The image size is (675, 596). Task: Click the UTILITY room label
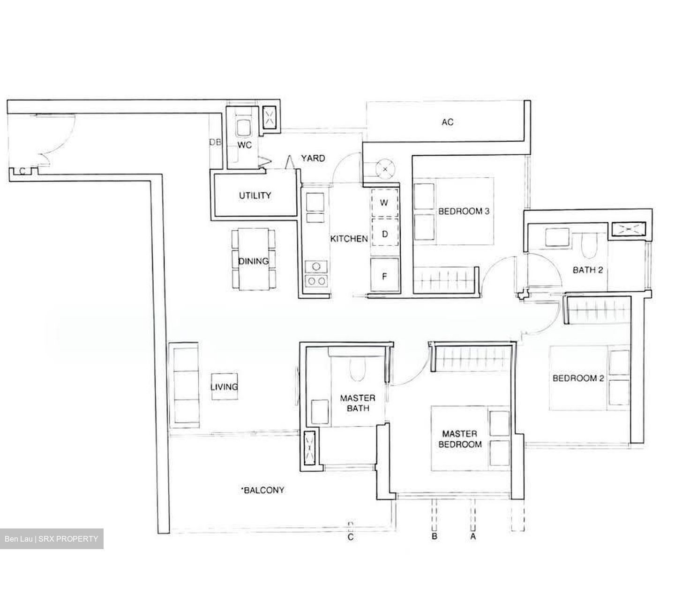pyautogui.click(x=255, y=196)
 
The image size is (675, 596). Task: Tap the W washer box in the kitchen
pyautogui.click(x=385, y=203)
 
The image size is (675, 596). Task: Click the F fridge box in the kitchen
pyautogui.click(x=385, y=276)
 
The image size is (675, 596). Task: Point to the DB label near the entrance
pyautogui.click(x=215, y=142)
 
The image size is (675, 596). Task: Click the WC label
pyautogui.click(x=244, y=145)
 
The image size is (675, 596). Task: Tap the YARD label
pyautogui.click(x=313, y=158)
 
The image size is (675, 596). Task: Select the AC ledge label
pyautogui.click(x=447, y=122)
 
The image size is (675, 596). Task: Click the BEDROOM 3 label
pyautogui.click(x=464, y=211)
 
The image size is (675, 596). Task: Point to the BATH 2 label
pyautogui.click(x=587, y=270)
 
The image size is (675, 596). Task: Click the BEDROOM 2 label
pyautogui.click(x=578, y=378)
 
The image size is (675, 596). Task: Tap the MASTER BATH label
pyautogui.click(x=357, y=403)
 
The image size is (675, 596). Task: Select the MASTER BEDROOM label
pyautogui.click(x=460, y=439)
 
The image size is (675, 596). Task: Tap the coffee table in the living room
pyautogui.click(x=224, y=386)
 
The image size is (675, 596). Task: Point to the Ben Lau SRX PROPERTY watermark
pyautogui.click(x=52, y=539)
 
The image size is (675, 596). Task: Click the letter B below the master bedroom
pyautogui.click(x=435, y=536)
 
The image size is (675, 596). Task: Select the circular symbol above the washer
pyautogui.click(x=385, y=168)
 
